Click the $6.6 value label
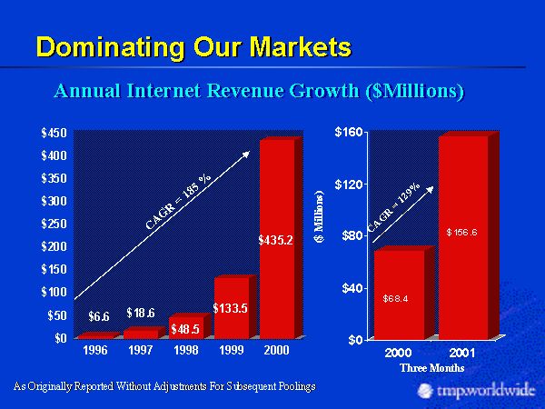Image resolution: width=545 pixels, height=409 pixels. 99,316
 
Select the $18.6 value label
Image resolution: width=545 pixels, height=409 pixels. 141,313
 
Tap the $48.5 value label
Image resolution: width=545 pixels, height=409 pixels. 185,329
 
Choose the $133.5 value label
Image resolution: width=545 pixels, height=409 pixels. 230,308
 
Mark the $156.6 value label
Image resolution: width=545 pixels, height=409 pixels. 462,233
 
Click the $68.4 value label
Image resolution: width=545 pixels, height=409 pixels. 395,297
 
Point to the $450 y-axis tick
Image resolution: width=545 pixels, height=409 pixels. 54,133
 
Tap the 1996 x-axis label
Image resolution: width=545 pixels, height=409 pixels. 95,350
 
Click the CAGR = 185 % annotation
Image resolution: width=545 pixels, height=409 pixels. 178,201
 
